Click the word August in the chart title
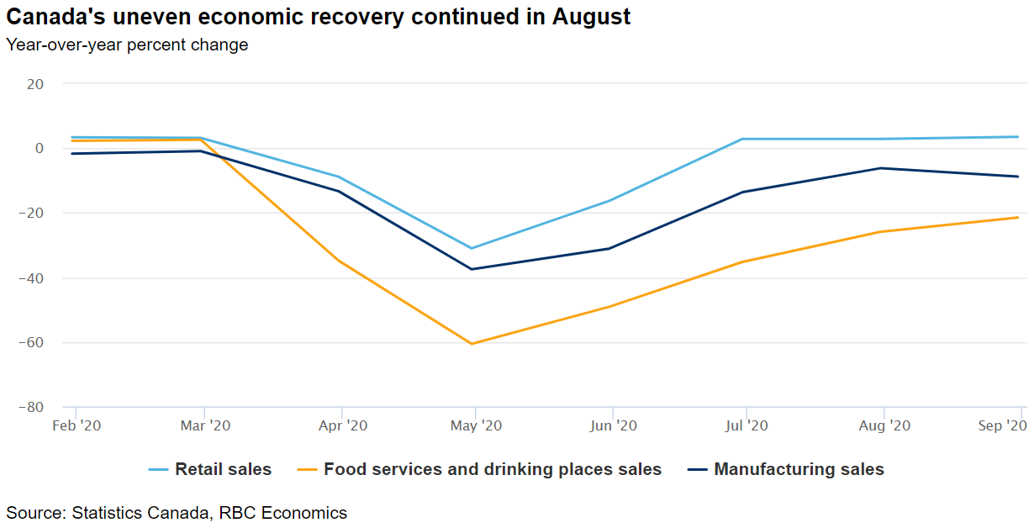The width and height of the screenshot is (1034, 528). pyautogui.click(x=591, y=17)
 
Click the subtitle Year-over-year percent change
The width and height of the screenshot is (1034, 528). pyautogui.click(x=127, y=45)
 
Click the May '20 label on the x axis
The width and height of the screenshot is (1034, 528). pyautogui.click(x=476, y=426)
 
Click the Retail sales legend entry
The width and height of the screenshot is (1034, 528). pyautogui.click(x=223, y=469)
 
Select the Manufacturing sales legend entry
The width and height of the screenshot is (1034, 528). pyautogui.click(x=799, y=469)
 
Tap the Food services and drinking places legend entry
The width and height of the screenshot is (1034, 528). pyautogui.click(x=492, y=469)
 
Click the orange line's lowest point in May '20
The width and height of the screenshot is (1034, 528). pyautogui.click(x=472, y=344)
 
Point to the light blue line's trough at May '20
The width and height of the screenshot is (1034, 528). pyautogui.click(x=472, y=248)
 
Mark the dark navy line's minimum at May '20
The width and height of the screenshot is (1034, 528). pyautogui.click(x=472, y=269)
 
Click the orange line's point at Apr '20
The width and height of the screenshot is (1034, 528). pyautogui.click(x=339, y=261)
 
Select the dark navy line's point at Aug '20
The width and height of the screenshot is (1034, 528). pyautogui.click(x=881, y=168)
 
